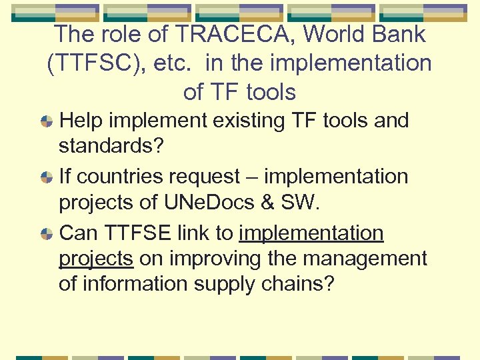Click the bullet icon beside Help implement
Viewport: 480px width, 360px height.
[x=47, y=122]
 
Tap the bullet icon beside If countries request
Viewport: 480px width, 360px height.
[x=47, y=178]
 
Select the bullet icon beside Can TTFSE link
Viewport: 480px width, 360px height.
[x=47, y=234]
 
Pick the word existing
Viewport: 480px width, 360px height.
[x=251, y=121]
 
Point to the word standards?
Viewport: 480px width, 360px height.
[x=111, y=146]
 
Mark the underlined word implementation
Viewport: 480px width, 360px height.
[x=311, y=234]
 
